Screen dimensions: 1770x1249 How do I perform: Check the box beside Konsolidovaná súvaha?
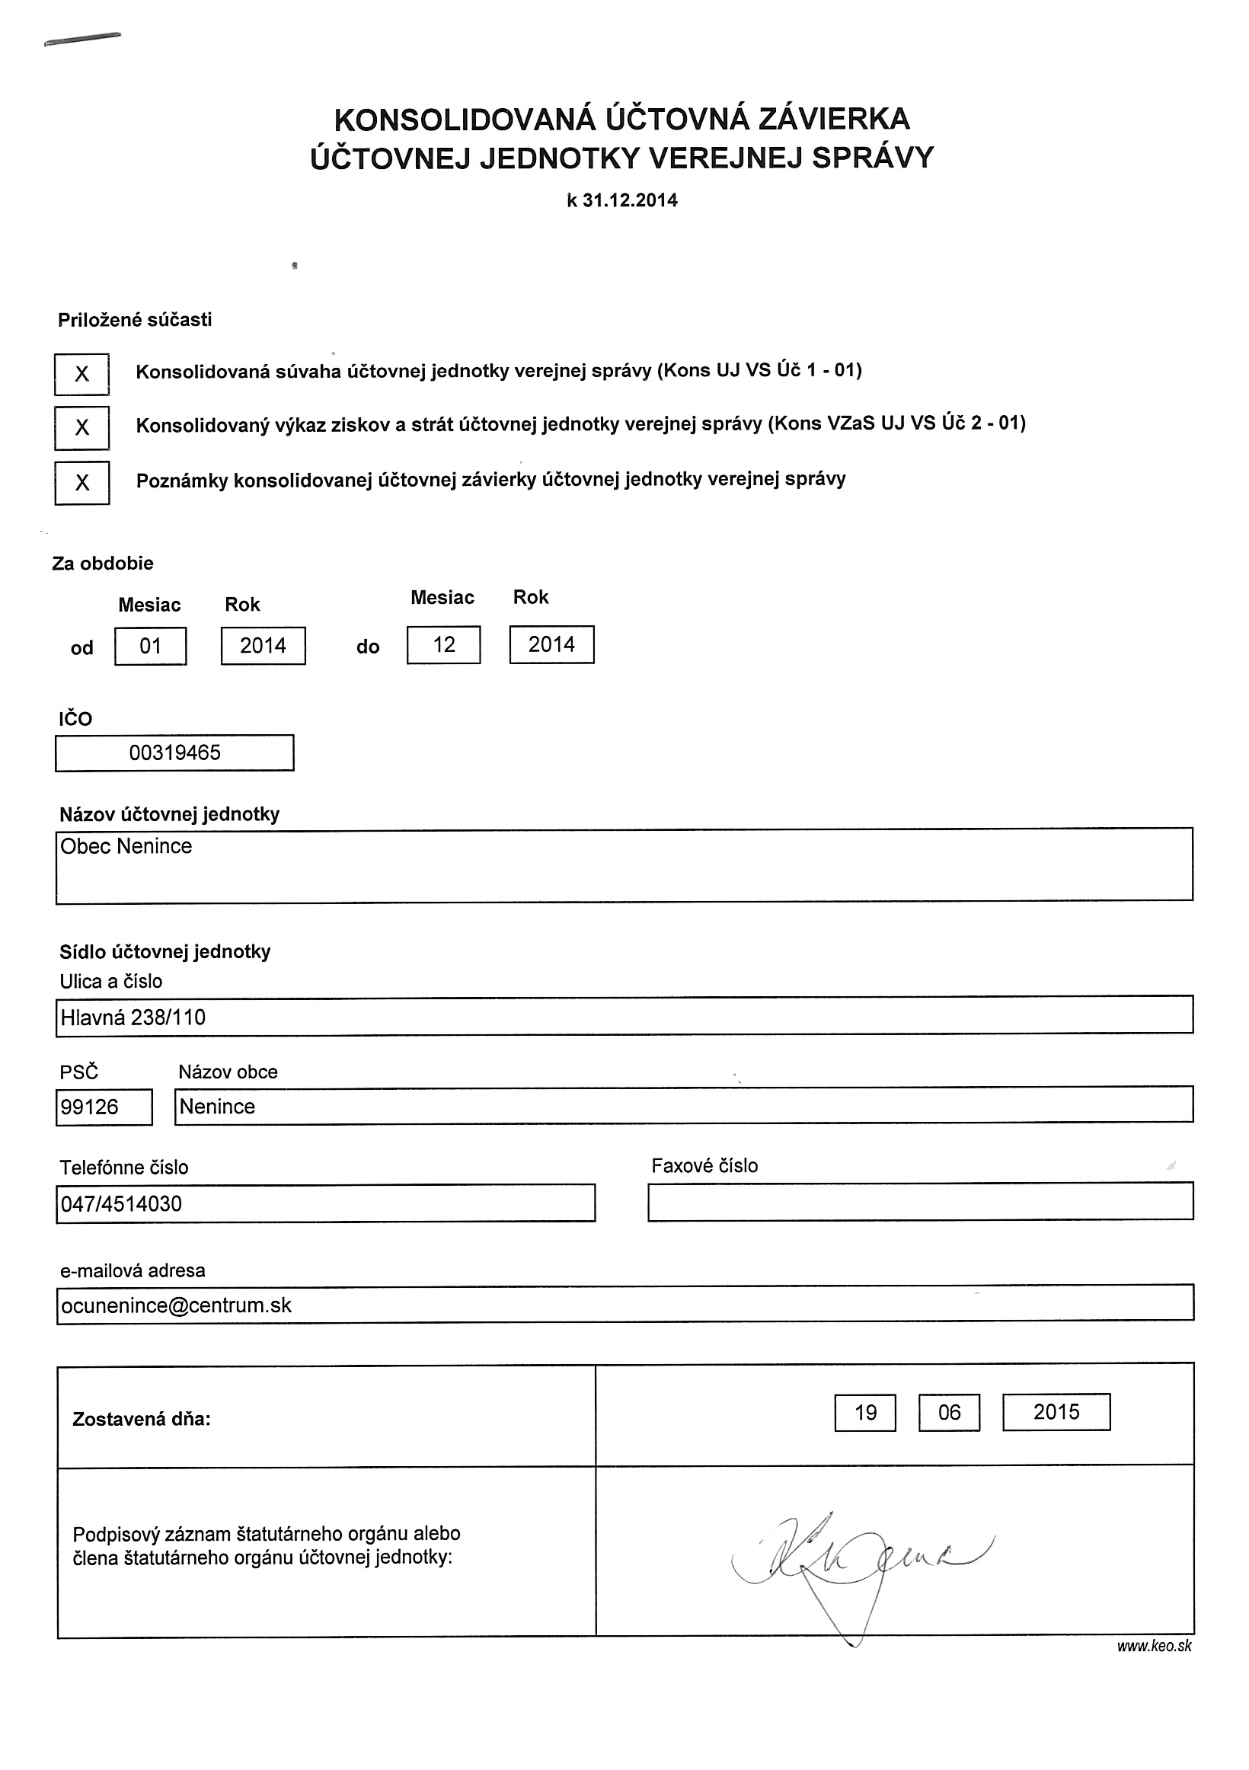(81, 375)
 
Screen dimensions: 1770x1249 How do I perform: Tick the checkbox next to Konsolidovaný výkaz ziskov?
(81, 428)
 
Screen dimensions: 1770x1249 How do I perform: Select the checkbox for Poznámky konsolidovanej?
(81, 483)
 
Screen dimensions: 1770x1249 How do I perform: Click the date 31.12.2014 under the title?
(630, 201)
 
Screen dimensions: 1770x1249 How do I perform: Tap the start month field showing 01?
(150, 646)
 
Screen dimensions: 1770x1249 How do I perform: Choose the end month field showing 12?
(443, 644)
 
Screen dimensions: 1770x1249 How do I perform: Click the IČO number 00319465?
(175, 752)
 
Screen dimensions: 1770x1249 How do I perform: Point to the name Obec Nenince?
(126, 846)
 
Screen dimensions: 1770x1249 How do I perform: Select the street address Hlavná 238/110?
(133, 1018)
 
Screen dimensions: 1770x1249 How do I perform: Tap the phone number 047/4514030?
(122, 1203)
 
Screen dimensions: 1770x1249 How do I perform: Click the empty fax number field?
(920, 1202)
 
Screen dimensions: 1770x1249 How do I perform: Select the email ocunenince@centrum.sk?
(177, 1305)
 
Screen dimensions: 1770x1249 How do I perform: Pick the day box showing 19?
(865, 1412)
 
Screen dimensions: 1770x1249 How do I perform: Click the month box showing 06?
(949, 1412)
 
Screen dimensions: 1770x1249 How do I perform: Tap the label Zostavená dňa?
(141, 1419)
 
